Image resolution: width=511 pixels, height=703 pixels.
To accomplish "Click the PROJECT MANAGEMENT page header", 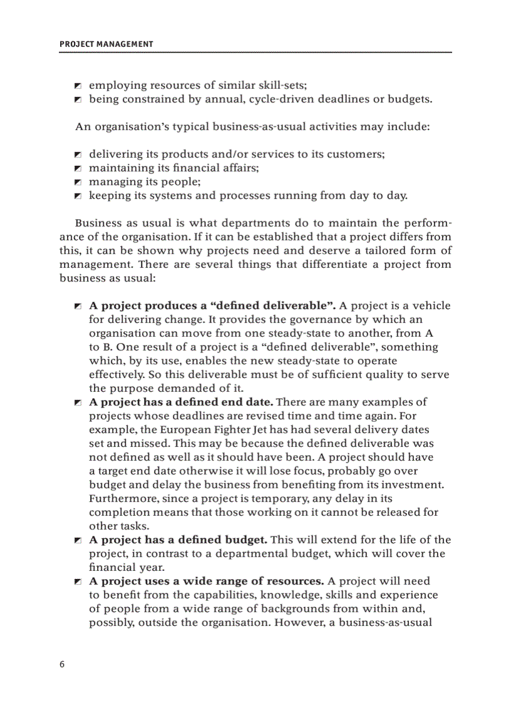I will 106,44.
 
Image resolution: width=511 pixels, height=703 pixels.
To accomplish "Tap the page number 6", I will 62,664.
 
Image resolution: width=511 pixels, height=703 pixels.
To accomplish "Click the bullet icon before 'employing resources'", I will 78,85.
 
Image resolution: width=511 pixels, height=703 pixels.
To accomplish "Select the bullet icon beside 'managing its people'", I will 78,182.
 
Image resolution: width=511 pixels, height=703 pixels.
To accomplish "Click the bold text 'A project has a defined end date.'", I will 181,402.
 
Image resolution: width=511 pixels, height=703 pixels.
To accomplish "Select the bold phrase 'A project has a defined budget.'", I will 178,540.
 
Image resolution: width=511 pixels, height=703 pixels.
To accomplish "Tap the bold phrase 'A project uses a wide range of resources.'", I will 207,581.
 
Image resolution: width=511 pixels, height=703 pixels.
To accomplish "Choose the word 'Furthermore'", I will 120,498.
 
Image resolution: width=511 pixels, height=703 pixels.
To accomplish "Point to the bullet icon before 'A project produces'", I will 78,306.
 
